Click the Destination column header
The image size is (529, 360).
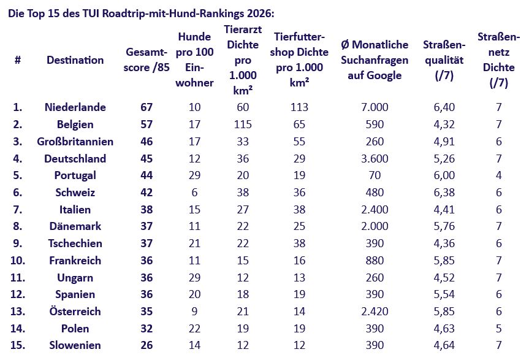(x=75, y=60)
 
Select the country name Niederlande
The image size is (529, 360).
(x=75, y=107)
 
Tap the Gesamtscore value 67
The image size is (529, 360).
(x=147, y=107)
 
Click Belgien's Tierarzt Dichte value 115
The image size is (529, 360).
(x=243, y=124)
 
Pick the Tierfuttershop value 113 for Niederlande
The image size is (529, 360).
(x=299, y=107)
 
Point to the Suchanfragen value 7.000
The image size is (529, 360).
(x=375, y=107)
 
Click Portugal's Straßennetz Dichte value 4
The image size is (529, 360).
(x=498, y=175)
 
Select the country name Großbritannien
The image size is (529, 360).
(x=75, y=142)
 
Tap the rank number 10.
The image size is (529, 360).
(x=18, y=261)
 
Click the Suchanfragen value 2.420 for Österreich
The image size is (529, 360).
(x=375, y=312)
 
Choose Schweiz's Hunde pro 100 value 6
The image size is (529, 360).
(x=195, y=193)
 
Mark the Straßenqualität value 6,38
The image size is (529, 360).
(x=444, y=193)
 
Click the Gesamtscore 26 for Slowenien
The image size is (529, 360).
(x=147, y=345)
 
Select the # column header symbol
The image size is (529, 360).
(x=18, y=60)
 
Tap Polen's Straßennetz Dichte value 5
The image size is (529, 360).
(x=498, y=328)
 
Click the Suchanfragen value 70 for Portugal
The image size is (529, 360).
(x=375, y=175)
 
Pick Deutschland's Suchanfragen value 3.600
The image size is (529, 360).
(x=375, y=159)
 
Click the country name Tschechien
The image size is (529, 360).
(x=75, y=243)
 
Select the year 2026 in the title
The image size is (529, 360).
(x=260, y=13)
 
